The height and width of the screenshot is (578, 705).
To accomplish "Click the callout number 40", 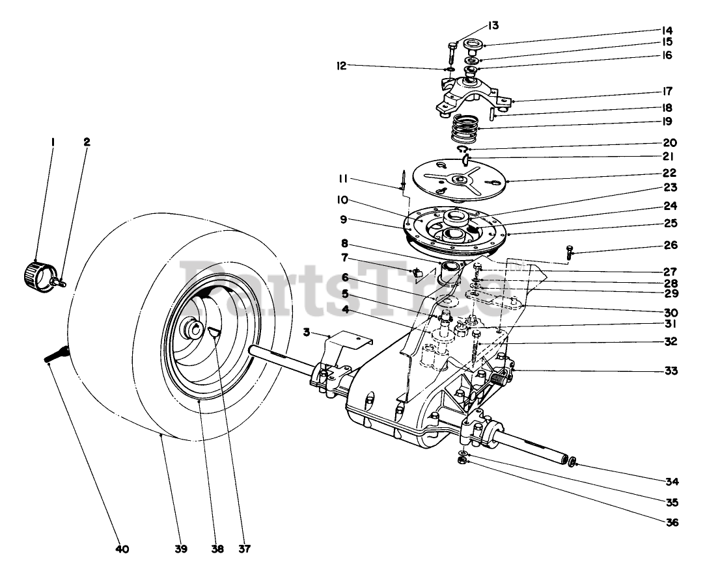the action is [122, 549].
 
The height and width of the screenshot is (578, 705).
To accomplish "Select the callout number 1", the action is [53, 142].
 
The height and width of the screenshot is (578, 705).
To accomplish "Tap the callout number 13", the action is [493, 25].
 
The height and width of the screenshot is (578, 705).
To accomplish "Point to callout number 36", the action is [671, 523].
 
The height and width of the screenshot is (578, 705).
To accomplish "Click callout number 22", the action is [669, 173].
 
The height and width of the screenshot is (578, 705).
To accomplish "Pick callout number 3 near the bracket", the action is [307, 332].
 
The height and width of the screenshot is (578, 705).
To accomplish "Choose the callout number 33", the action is [671, 371].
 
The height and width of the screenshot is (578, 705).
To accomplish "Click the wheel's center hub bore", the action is [195, 332].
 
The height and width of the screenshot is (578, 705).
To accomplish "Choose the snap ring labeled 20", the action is [463, 149].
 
